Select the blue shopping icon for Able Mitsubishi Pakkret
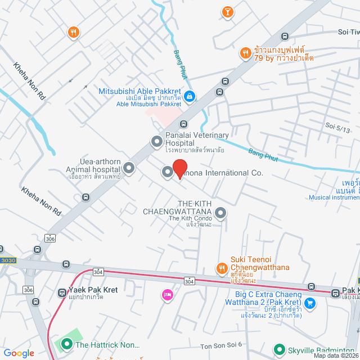190,97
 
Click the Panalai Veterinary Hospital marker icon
156,143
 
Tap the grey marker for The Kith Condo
221,213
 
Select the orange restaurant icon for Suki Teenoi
222,268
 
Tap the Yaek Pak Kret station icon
62,292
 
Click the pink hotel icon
167,295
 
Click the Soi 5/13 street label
337,129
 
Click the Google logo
19,353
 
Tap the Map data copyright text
336,355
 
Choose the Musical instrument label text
334,197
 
